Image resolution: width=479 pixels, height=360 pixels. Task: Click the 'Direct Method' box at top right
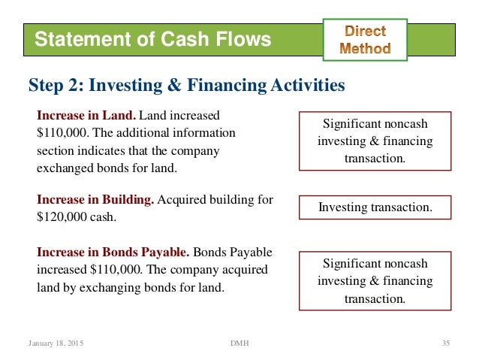(x=365, y=39)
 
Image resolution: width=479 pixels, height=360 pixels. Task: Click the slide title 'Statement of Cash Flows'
(x=153, y=39)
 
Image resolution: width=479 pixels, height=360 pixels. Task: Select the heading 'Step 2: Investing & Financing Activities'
(x=187, y=86)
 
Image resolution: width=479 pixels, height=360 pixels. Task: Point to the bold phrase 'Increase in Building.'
(x=95, y=200)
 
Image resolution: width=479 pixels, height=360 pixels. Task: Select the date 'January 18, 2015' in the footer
(x=56, y=343)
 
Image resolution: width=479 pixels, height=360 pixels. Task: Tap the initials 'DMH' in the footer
(x=239, y=343)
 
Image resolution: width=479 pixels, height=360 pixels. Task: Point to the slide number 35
(x=445, y=343)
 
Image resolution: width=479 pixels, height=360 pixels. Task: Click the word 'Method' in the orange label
(x=365, y=48)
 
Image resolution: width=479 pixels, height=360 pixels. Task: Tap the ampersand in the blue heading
(x=177, y=86)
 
